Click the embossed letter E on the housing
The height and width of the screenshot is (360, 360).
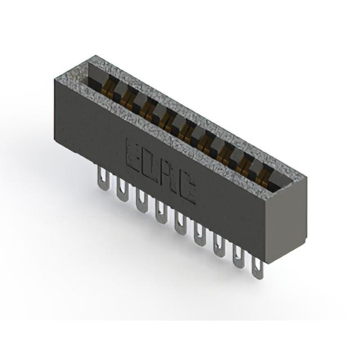pyautogui.click(x=134, y=155)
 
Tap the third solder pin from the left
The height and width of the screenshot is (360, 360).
pyautogui.click(x=141, y=200)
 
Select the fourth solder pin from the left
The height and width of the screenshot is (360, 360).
pyautogui.click(x=161, y=211)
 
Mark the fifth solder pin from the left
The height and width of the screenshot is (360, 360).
pyautogui.click(x=180, y=223)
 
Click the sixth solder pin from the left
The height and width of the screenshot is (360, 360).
pyautogui.click(x=199, y=233)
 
